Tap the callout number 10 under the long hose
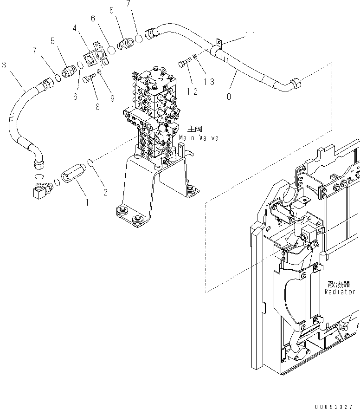tap(226, 97)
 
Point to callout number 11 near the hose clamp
tap(251, 35)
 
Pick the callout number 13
tap(209, 82)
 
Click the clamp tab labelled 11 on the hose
tap(219, 45)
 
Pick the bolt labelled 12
tap(184, 64)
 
